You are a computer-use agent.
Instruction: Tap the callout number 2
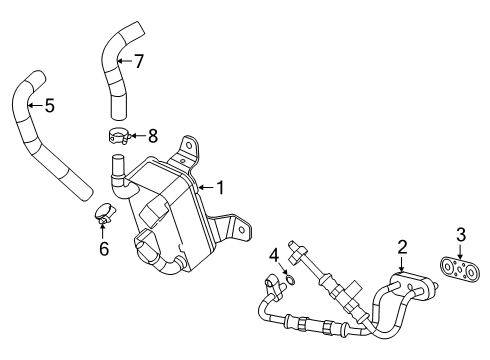(402, 245)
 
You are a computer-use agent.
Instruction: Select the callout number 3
(461, 235)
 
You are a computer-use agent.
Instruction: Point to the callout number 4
(272, 255)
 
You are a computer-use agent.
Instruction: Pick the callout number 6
(103, 249)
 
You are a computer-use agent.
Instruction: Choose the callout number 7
(139, 61)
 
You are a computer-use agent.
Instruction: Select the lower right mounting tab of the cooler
(237, 227)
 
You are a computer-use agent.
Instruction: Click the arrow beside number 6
(103, 233)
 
